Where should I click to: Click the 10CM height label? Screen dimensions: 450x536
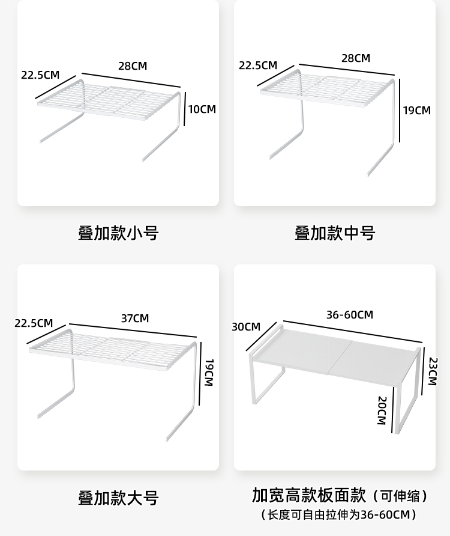point(202,109)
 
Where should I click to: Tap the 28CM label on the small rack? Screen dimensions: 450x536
point(133,66)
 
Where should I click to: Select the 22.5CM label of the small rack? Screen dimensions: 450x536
point(40,75)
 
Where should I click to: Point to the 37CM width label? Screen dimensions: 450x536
point(134,318)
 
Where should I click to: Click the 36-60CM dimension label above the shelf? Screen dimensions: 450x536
point(350,315)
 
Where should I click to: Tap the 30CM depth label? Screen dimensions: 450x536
point(246,327)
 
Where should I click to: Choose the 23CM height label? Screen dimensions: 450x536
point(433,371)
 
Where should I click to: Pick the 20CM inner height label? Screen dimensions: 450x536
point(381,410)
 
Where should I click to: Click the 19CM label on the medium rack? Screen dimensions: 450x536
point(416,111)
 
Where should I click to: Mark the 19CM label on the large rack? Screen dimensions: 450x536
point(209,373)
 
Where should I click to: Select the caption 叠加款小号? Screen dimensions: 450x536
point(118,233)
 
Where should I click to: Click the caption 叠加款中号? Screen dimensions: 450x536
point(335,233)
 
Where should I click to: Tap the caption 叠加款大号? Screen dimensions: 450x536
point(118,498)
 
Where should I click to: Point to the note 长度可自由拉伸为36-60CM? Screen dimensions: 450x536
point(340,514)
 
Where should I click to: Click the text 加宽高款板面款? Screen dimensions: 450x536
point(309,495)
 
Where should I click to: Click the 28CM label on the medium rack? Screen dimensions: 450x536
point(356,58)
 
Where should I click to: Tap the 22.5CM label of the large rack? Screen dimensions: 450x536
point(34,323)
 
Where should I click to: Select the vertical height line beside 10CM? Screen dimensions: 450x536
point(185,109)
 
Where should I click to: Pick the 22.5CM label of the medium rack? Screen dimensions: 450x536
point(258,65)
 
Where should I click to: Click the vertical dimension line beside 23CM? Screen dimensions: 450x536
point(424,371)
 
